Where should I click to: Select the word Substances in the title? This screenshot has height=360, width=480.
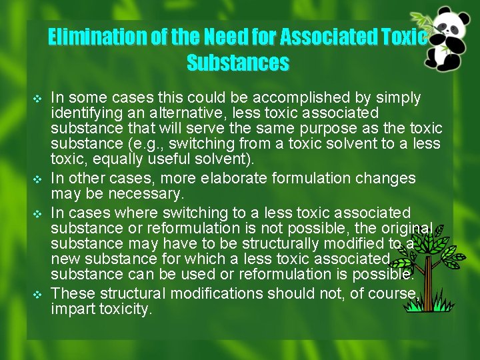[238, 63]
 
